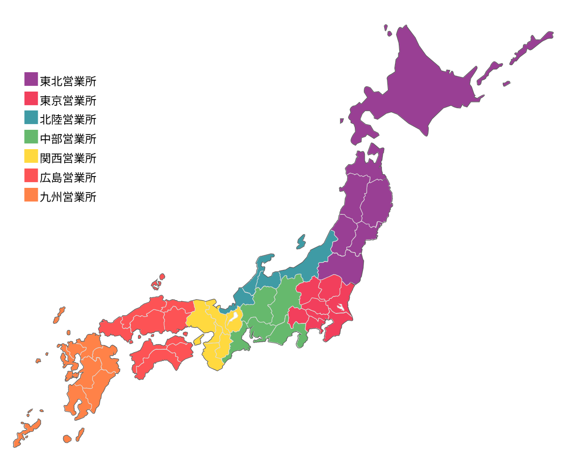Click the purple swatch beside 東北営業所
[x=31, y=79]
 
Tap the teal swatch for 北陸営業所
[x=31, y=118]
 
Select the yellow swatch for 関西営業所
[x=31, y=156]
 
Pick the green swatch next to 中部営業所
[x=31, y=137]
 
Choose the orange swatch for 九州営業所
[x=31, y=195]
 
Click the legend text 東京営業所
[x=68, y=101]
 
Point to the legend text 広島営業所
[x=68, y=178]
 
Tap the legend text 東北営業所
[x=68, y=81]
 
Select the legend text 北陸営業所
[x=68, y=120]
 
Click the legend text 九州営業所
[x=68, y=197]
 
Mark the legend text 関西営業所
[x=68, y=159]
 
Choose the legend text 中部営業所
[x=68, y=139]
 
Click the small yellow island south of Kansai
[x=199, y=339]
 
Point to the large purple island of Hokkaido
[x=425, y=85]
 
